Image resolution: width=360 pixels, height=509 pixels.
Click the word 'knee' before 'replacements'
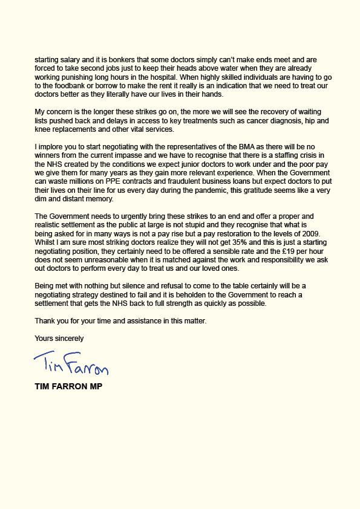click(x=42, y=130)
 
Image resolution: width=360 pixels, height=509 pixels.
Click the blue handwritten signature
click(x=71, y=365)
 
